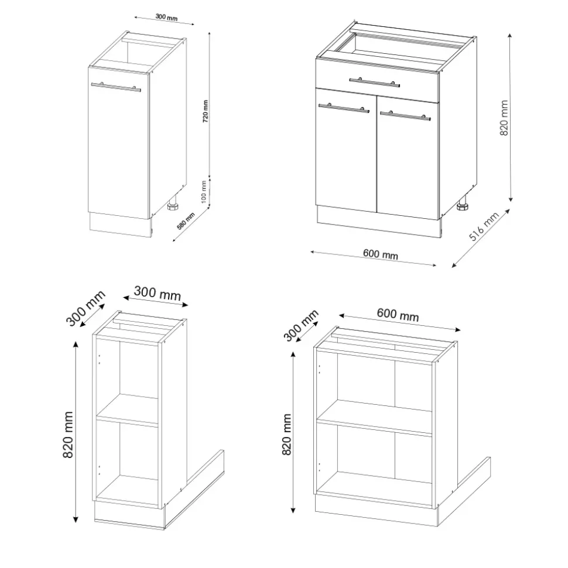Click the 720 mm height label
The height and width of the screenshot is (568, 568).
pyautogui.click(x=206, y=111)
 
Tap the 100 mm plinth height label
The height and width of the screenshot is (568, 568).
pyautogui.click(x=204, y=192)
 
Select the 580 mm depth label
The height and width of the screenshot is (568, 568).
pyautogui.click(x=186, y=221)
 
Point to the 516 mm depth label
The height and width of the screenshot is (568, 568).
pyautogui.click(x=484, y=226)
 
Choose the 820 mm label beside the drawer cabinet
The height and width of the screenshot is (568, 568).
pyautogui.click(x=504, y=118)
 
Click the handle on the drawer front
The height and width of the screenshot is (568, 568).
pyautogui.click(x=374, y=82)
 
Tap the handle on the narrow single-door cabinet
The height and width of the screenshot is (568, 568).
pyautogui.click(x=116, y=87)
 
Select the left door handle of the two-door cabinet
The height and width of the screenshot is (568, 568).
pyautogui.click(x=344, y=108)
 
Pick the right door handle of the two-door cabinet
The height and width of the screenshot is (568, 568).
pyautogui.click(x=406, y=116)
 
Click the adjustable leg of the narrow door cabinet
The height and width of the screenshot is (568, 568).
pyautogui.click(x=173, y=204)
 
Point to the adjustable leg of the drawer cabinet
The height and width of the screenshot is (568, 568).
pyautogui.click(x=463, y=205)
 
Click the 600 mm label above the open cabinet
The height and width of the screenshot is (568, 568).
pyautogui.click(x=398, y=315)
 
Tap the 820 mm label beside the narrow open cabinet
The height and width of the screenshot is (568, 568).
pyautogui.click(x=68, y=435)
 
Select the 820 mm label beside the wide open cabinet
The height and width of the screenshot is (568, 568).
pyautogui.click(x=286, y=434)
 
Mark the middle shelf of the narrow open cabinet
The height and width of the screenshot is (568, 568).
pyautogui.click(x=127, y=409)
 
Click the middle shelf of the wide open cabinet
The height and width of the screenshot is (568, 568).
pyautogui.click(x=374, y=417)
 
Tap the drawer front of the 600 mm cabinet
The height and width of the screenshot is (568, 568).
pyautogui.click(x=377, y=80)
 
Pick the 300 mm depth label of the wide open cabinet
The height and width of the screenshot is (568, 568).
pyautogui.click(x=301, y=325)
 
